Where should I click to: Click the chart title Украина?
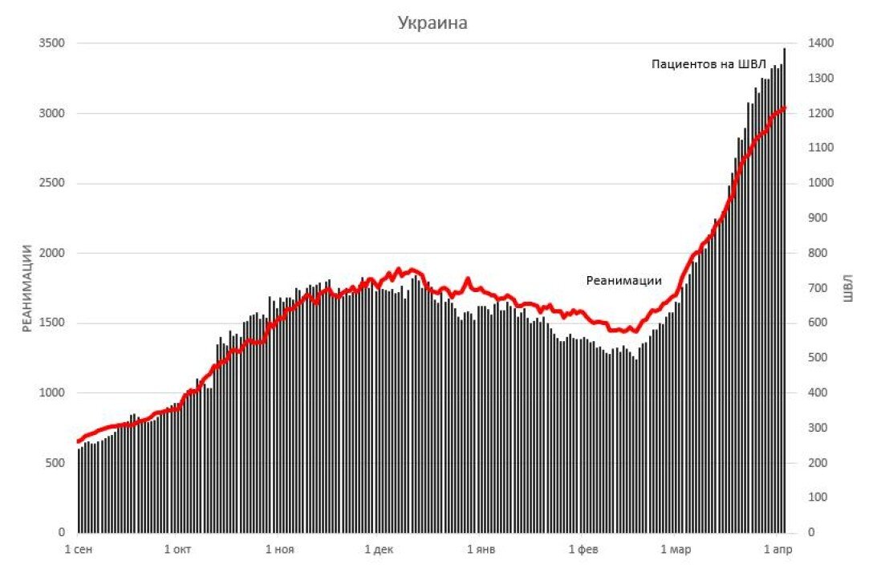432,23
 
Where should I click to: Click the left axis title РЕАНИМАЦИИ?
26,287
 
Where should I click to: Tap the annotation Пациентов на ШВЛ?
709,64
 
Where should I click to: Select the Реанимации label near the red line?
624,280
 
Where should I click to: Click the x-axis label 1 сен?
78,550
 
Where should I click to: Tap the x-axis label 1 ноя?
278,550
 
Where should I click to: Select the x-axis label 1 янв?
481,550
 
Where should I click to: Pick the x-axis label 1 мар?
676,550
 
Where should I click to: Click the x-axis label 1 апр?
778,550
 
